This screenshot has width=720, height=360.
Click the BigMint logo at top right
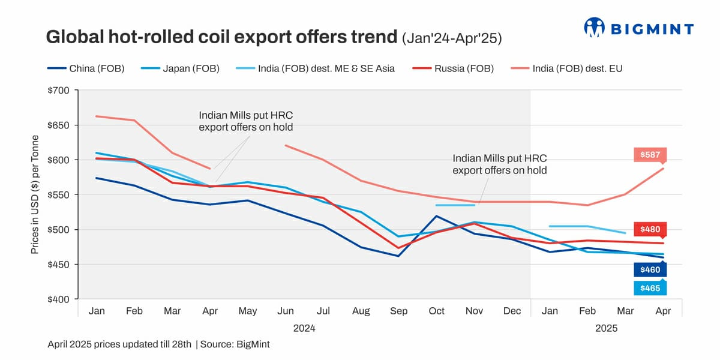click(639, 28)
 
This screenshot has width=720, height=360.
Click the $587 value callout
click(650, 155)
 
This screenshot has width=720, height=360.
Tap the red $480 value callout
click(650, 229)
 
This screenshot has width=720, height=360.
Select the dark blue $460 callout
click(650, 270)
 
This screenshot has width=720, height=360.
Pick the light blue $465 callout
click(650, 289)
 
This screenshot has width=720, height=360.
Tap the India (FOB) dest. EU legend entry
click(567, 68)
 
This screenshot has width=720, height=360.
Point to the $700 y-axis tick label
click(58, 91)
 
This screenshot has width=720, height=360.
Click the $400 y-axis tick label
click(58, 299)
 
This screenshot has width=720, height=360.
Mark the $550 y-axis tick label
click(58, 195)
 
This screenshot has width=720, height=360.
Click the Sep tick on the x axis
click(398, 311)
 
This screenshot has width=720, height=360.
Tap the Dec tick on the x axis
click(512, 311)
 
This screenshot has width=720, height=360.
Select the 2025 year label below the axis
click(606, 329)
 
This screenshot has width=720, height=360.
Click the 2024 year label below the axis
click(304, 329)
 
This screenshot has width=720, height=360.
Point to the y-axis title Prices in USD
click(35, 194)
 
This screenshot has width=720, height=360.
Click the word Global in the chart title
click(72, 37)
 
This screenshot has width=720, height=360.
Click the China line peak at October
click(436, 216)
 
